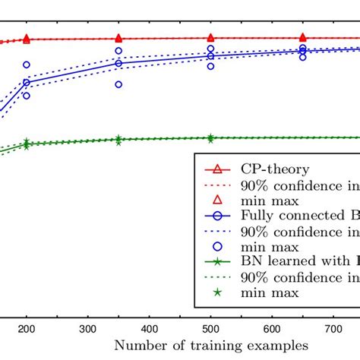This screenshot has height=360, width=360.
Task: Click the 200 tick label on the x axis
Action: [27, 328]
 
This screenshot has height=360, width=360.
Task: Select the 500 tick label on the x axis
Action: [210, 328]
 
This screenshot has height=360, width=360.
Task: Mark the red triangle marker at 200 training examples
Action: [27, 38]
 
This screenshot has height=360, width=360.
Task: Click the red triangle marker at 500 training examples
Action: [210, 37]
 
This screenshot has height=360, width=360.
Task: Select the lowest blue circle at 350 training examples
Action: [118, 84]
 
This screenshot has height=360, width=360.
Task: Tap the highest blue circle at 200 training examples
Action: [27, 65]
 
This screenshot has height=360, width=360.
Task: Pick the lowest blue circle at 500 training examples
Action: [210, 66]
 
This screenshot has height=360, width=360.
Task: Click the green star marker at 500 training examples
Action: [210, 138]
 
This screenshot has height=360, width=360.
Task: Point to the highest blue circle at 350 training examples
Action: [118, 51]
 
